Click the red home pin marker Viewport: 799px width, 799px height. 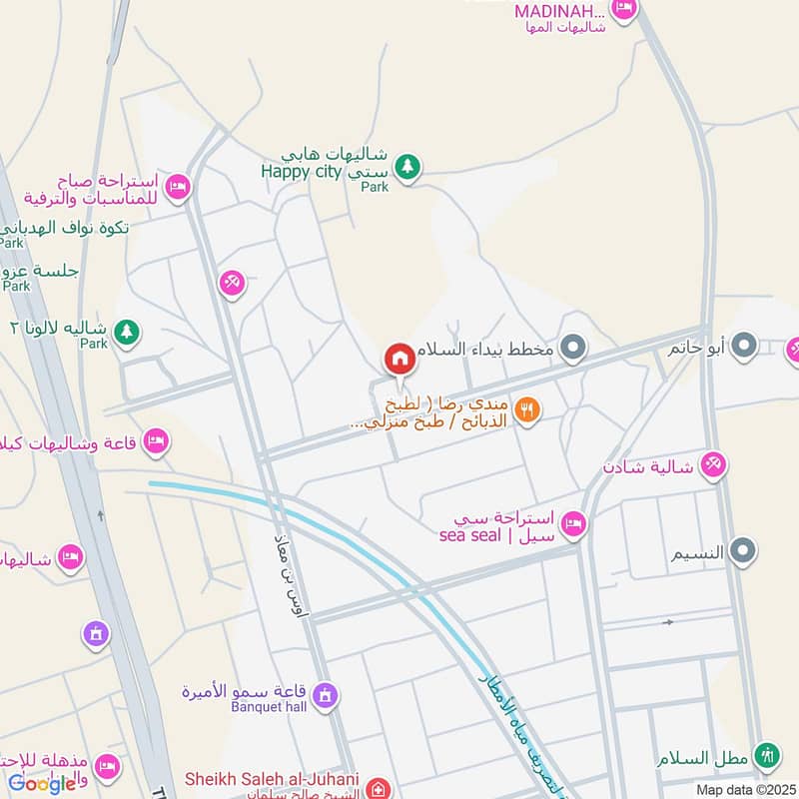[x=399, y=358]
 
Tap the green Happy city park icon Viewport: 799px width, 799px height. [x=406, y=167]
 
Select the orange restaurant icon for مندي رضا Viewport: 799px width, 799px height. [x=528, y=407]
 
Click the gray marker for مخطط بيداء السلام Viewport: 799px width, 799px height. [x=573, y=349]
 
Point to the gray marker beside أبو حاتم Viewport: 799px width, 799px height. [x=744, y=348]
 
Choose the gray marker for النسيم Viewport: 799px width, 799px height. [x=743, y=549]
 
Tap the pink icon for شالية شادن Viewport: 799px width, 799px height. [x=713, y=464]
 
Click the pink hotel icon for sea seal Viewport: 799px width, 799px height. [x=572, y=522]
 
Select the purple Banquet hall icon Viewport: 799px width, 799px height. [x=325, y=694]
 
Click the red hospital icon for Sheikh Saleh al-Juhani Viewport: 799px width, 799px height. [x=378, y=788]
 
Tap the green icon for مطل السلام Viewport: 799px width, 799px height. [x=766, y=756]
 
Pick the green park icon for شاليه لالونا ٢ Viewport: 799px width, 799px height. [x=126, y=331]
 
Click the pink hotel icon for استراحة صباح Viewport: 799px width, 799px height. [x=177, y=186]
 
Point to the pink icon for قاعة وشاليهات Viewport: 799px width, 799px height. [x=156, y=440]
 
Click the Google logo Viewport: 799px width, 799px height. [x=42, y=783]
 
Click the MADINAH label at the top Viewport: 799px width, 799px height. [x=560, y=11]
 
